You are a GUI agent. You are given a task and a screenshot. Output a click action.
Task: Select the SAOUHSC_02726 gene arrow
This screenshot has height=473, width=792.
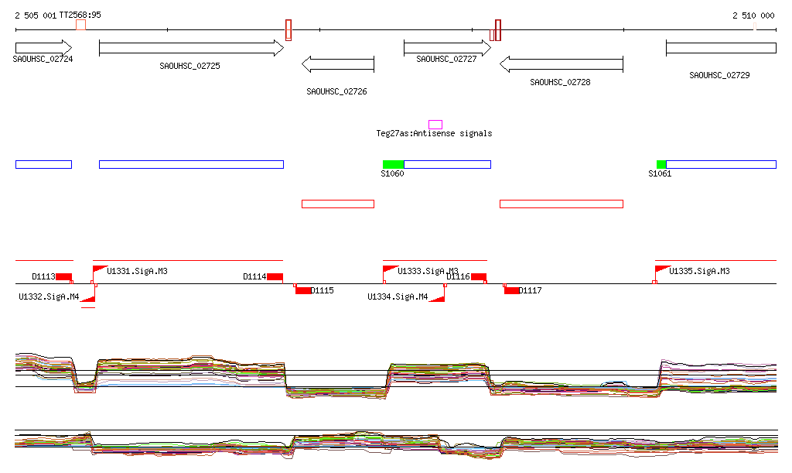(x=337, y=63)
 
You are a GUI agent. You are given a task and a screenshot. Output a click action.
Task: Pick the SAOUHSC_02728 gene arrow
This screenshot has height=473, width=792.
(x=561, y=63)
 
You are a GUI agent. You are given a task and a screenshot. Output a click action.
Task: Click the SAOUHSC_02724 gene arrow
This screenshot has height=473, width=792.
(x=43, y=48)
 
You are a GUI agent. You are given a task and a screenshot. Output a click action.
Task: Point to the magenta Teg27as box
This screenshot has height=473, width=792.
(x=435, y=125)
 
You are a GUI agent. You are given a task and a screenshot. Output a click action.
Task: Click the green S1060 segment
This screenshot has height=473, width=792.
(x=393, y=164)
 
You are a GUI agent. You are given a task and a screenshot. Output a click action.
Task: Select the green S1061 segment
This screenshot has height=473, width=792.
(x=661, y=164)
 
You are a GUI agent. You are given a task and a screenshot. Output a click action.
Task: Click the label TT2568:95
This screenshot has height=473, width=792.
(x=80, y=15)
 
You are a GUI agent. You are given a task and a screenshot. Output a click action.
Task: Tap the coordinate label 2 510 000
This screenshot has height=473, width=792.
(x=753, y=15)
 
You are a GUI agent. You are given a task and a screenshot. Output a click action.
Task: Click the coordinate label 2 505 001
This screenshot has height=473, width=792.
(x=36, y=15)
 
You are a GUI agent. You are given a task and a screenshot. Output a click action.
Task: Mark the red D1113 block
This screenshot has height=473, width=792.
(x=63, y=276)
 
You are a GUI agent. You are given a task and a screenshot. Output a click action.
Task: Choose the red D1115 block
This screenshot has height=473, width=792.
(x=303, y=290)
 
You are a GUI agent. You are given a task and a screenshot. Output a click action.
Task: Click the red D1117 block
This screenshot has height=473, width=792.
(x=512, y=290)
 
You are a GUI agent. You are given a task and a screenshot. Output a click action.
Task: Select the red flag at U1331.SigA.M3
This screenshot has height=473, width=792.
(x=99, y=269)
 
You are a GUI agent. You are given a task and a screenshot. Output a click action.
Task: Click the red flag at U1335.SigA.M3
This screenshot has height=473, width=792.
(x=661, y=269)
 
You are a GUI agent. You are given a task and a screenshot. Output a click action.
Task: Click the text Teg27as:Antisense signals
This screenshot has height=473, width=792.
(x=434, y=134)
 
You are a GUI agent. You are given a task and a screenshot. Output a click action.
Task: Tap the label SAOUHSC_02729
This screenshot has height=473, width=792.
(x=719, y=76)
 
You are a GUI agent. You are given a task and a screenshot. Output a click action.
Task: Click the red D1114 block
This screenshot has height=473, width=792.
(x=275, y=276)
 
